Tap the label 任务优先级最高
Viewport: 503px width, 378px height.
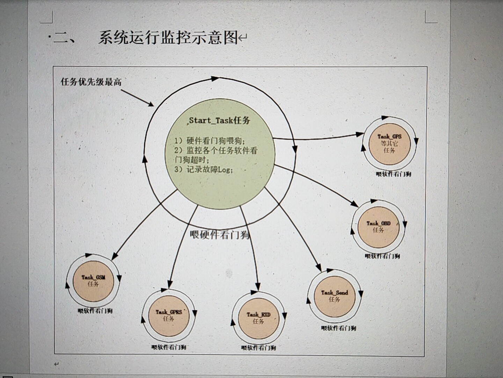click(x=91, y=82)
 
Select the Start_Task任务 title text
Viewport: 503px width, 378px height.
click(x=219, y=120)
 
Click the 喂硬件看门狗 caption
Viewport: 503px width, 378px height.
click(x=220, y=234)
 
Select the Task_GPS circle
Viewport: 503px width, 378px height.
click(x=389, y=143)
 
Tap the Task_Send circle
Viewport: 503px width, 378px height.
click(x=335, y=296)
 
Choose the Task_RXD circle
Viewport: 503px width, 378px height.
click(x=258, y=318)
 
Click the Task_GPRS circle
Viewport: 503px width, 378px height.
click(x=169, y=315)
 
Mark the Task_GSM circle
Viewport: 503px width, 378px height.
click(x=93, y=281)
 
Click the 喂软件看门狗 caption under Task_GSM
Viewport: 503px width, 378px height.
click(x=95, y=311)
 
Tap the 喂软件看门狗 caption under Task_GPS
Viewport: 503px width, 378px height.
click(x=393, y=174)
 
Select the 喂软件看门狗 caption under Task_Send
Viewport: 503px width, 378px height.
click(x=338, y=328)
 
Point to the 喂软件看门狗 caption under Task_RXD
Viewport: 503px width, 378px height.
click(x=258, y=348)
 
